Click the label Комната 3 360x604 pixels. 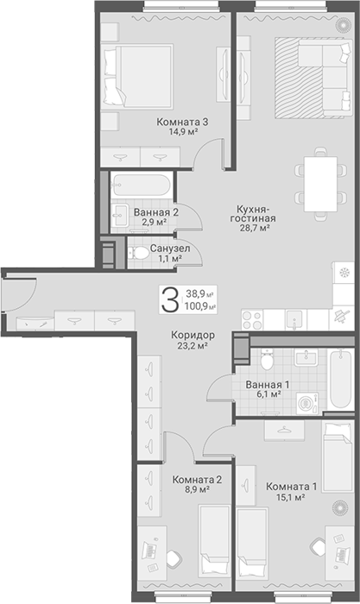click(x=182, y=123)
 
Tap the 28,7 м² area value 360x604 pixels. click(x=254, y=228)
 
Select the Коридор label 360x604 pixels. click(x=193, y=335)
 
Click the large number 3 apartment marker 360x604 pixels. click(x=169, y=300)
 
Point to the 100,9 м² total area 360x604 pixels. click(x=200, y=307)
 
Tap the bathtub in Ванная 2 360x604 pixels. click(x=142, y=186)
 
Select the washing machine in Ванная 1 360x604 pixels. click(x=307, y=403)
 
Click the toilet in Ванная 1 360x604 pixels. click(x=267, y=359)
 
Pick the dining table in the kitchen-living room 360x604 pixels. click(x=320, y=184)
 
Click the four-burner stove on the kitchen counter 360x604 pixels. click(x=252, y=320)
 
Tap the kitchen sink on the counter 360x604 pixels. click(x=296, y=320)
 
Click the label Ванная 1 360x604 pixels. click(x=268, y=385)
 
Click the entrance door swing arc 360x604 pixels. click(x=31, y=297)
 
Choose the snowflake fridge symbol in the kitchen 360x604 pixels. click(x=344, y=274)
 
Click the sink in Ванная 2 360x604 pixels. click(x=119, y=215)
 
